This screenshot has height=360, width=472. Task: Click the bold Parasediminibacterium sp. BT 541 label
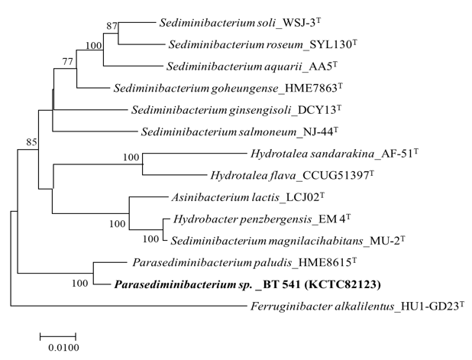point(247,284)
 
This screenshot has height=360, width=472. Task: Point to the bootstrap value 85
point(31,141)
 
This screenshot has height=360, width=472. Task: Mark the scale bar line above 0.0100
point(58,336)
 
